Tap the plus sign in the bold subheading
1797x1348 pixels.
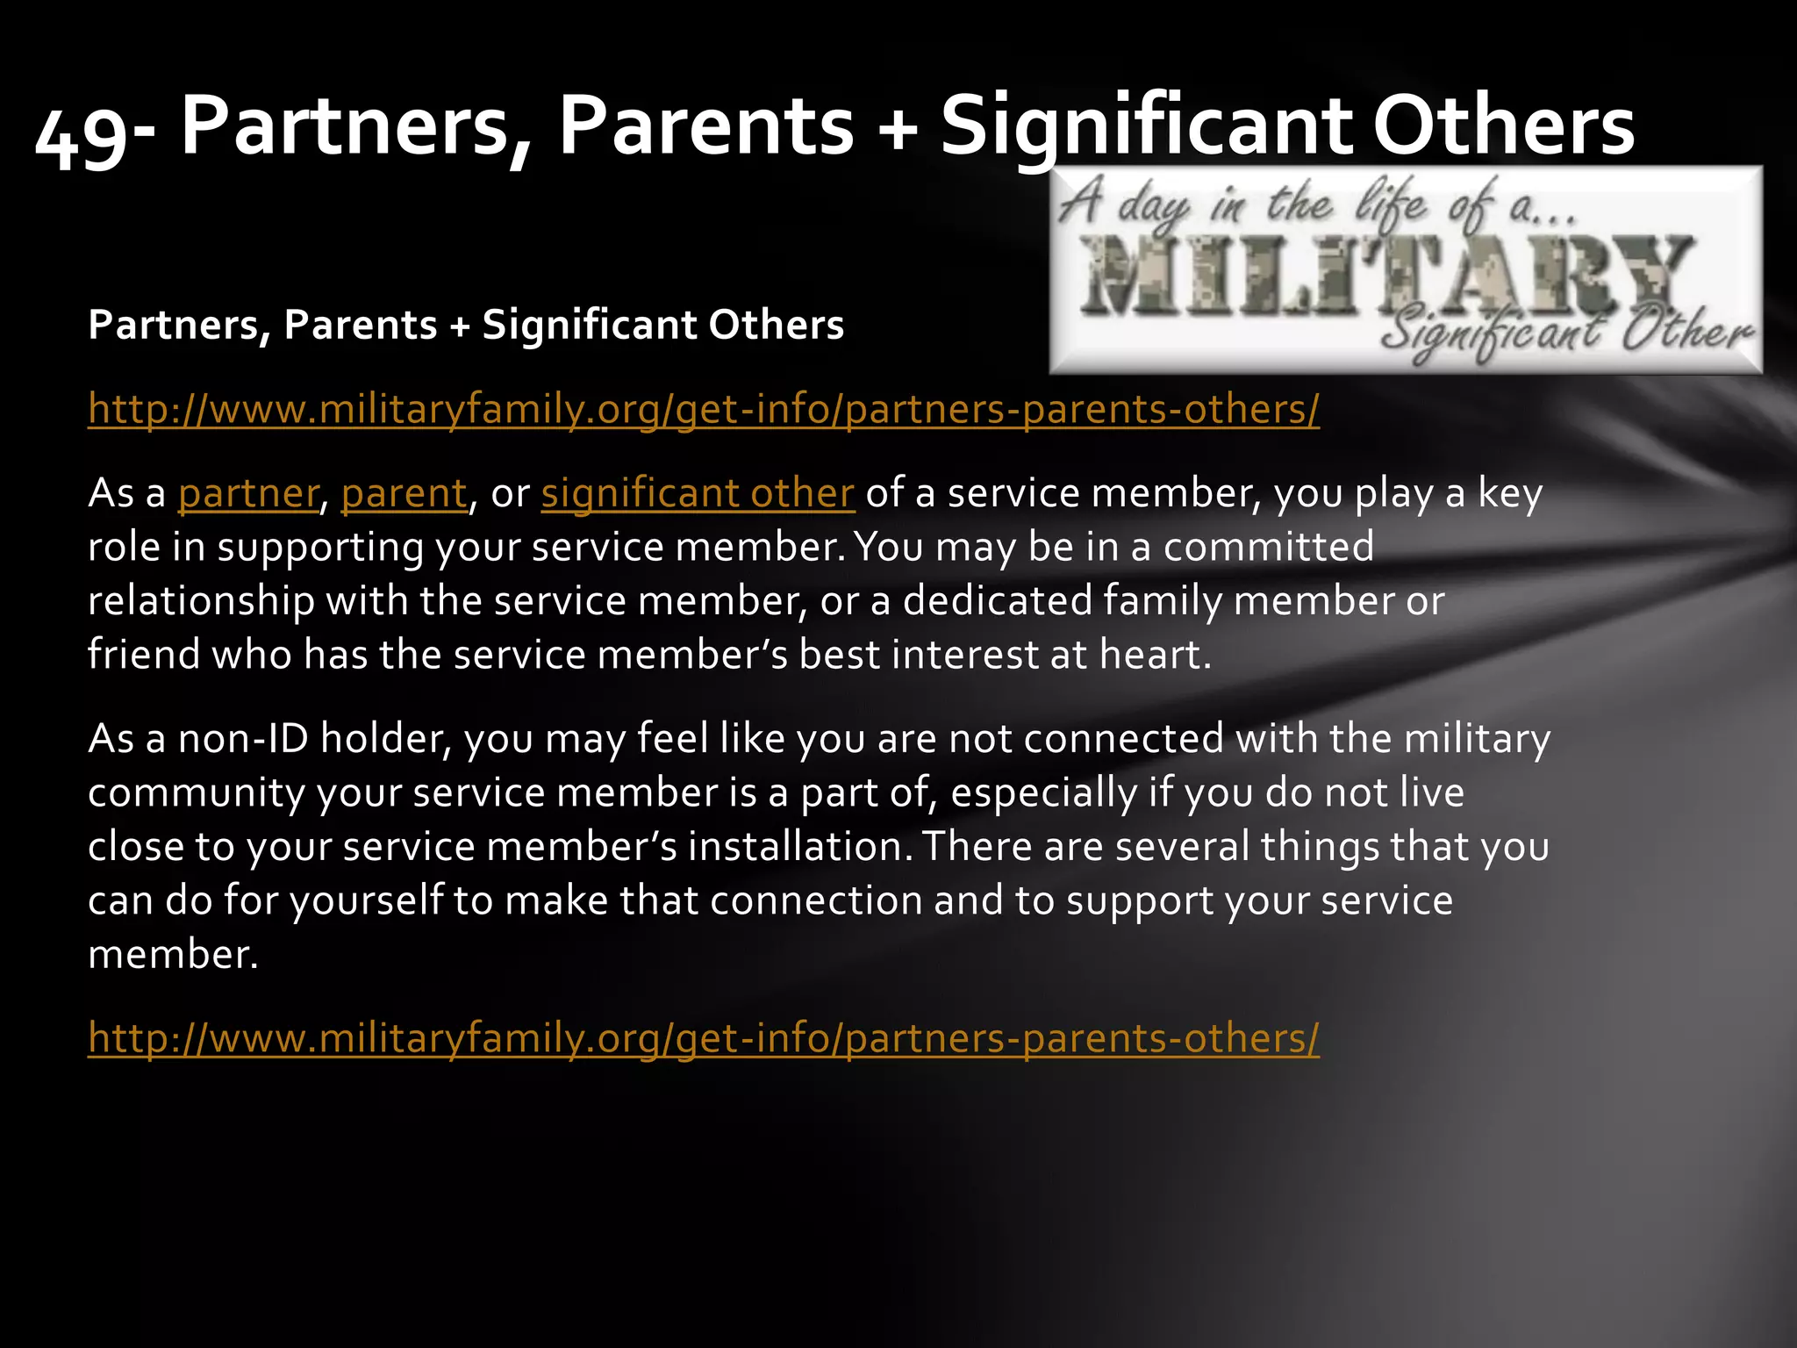click(459, 326)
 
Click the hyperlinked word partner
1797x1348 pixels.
click(247, 493)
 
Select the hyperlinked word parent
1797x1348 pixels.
click(404, 493)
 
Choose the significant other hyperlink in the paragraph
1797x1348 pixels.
click(698, 493)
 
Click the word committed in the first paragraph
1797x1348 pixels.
click(1268, 547)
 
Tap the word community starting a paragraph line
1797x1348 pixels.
click(196, 793)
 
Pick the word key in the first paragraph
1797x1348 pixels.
click(1509, 493)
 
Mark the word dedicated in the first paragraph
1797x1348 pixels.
click(997, 601)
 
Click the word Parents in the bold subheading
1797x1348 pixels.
click(360, 326)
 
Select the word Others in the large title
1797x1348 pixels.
click(1503, 127)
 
